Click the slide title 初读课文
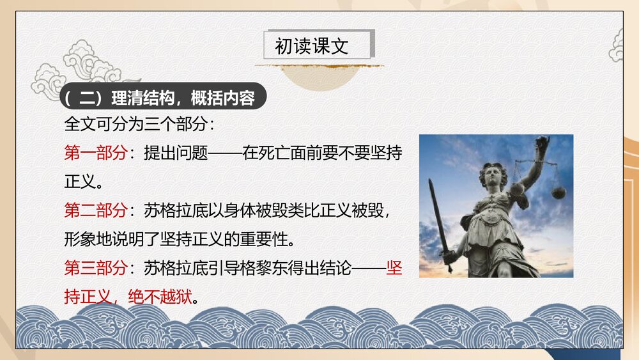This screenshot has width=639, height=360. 311,46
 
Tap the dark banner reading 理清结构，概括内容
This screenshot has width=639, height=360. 163,98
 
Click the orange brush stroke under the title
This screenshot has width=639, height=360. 319,65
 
